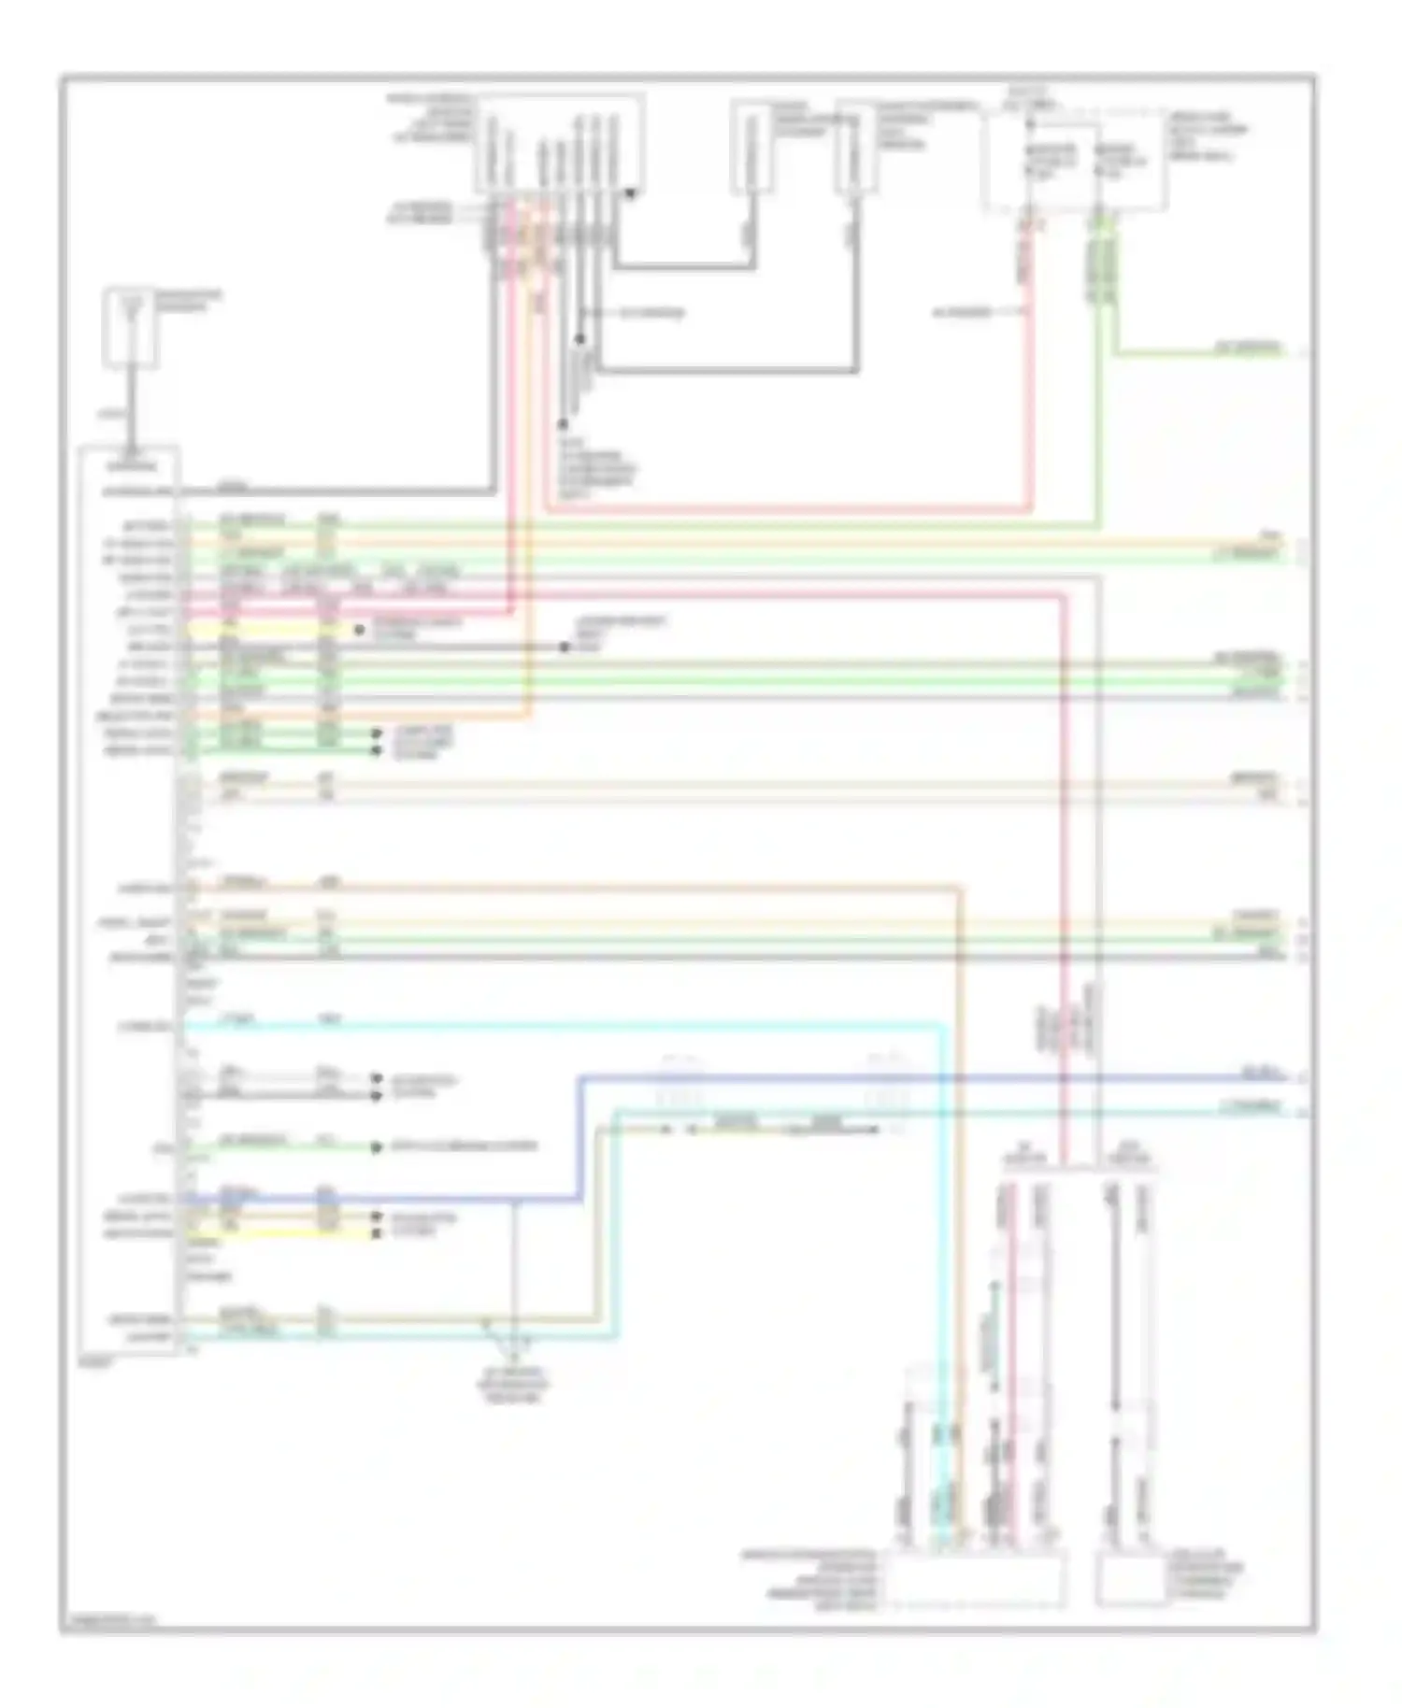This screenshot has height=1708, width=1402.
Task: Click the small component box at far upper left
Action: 130,326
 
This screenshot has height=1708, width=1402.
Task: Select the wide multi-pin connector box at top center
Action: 559,145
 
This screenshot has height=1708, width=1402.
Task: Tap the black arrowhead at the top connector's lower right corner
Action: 632,194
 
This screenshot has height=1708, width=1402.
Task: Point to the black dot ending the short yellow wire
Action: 359,630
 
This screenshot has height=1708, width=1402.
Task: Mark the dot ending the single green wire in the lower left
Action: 377,1147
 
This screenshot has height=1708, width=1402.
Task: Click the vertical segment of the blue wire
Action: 579,1138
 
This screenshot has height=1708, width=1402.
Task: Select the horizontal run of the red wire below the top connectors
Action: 785,510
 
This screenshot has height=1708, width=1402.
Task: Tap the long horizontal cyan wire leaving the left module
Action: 561,1026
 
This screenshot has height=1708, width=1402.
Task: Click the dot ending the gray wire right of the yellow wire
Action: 565,647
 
